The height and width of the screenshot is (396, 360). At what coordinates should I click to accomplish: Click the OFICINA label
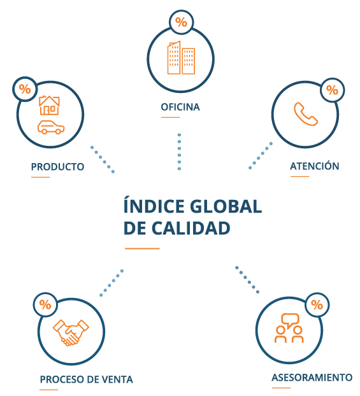[x=180, y=107]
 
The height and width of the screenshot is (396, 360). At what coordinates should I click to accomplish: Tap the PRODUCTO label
[x=57, y=167]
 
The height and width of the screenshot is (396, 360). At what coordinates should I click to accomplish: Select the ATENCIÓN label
[x=315, y=166]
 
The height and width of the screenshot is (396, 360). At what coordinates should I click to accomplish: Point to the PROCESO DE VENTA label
[x=87, y=379]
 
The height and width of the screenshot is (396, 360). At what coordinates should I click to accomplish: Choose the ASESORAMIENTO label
[x=312, y=378]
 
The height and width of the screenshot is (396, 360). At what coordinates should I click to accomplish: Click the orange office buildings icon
[x=181, y=57]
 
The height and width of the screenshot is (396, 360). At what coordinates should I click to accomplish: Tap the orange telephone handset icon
[x=306, y=114]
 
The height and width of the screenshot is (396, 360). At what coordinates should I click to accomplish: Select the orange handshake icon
[x=71, y=332]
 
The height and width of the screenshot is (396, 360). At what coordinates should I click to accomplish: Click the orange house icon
[x=49, y=105]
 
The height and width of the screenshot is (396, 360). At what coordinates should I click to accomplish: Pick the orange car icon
[x=51, y=127]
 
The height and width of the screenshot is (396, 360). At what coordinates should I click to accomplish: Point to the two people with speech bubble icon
[x=289, y=328]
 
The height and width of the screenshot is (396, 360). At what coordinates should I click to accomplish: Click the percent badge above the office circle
[x=181, y=22]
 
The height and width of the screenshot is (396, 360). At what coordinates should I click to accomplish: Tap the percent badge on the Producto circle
[x=25, y=89]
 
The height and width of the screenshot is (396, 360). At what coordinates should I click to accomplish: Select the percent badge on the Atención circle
[x=332, y=90]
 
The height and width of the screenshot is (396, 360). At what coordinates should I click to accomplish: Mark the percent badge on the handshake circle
[x=45, y=304]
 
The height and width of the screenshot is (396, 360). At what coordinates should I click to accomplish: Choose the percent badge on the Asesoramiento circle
[x=317, y=305]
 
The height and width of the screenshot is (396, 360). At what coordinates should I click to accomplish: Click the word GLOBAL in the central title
[x=226, y=206]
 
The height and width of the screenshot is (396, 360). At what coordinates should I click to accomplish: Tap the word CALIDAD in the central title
[x=191, y=229]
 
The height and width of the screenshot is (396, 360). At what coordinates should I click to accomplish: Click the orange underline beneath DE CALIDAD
[x=142, y=248]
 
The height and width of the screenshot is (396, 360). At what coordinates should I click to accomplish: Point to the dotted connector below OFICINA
[x=179, y=152]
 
